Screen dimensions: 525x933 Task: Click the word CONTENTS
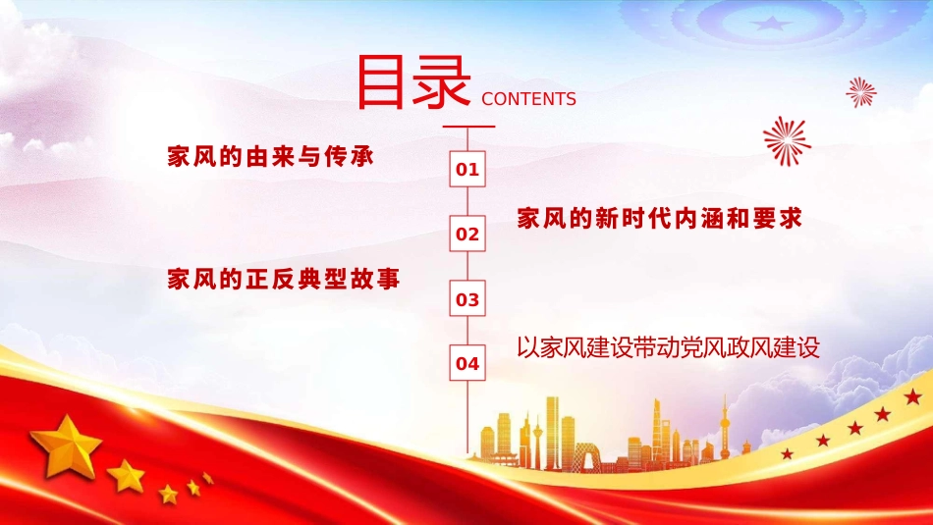529,99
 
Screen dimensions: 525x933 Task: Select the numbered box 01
467,169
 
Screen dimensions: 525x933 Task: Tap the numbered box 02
467,235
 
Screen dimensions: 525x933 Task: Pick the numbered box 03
467,299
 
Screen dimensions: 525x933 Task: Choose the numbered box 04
467,364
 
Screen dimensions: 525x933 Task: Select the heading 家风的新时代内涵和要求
660,218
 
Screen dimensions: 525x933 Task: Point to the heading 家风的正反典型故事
284,279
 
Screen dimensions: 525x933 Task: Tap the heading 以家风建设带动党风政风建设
668,347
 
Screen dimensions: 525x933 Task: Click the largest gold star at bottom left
66,446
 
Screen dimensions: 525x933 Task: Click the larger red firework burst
787,140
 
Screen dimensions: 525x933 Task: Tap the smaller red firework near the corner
861,92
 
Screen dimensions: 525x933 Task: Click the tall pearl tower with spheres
726,428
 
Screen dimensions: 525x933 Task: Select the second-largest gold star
127,476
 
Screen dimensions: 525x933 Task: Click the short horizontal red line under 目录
467,127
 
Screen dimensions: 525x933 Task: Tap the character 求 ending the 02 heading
792,218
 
